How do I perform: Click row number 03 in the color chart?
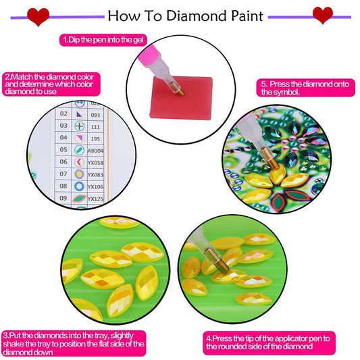(63, 126)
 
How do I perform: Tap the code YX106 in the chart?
(99, 186)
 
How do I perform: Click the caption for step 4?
(276, 342)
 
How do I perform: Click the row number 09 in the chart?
(63, 198)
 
